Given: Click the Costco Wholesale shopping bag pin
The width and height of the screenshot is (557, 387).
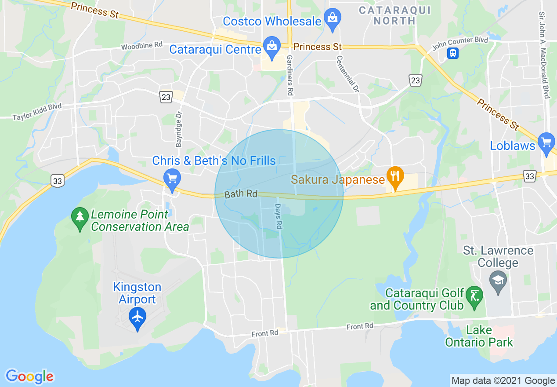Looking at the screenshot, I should [x=333, y=19].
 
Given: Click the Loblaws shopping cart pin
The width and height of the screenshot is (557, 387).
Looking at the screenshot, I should [x=546, y=143].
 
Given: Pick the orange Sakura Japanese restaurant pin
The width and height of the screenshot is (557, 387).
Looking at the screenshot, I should [x=395, y=177].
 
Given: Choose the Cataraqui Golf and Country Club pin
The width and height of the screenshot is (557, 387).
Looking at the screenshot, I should [x=474, y=296].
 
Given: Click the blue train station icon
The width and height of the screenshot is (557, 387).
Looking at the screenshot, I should [x=452, y=53].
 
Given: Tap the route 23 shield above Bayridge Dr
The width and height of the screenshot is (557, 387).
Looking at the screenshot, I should [x=166, y=97].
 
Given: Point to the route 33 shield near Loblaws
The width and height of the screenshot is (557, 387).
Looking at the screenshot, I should [x=530, y=176].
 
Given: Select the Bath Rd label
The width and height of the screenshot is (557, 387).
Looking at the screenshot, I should [x=241, y=193].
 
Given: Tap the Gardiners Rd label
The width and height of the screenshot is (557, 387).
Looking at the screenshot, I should [x=290, y=76].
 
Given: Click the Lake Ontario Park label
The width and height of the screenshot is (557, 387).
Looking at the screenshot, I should [x=479, y=336].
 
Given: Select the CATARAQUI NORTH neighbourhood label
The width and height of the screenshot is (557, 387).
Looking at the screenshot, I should [x=394, y=15].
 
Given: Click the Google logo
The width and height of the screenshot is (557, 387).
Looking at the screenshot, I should [x=30, y=376].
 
